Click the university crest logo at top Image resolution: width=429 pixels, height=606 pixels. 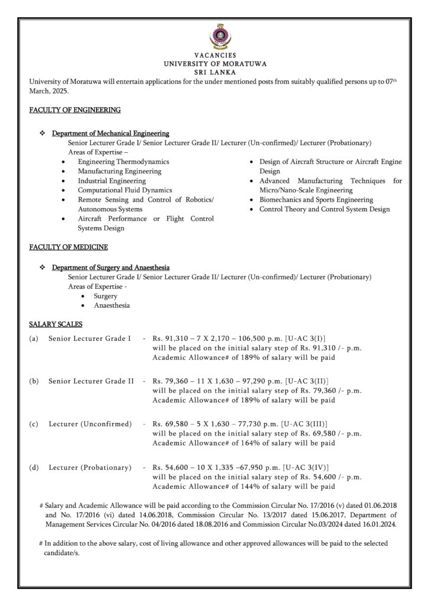(214, 37)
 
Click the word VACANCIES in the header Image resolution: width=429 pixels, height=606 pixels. (214, 55)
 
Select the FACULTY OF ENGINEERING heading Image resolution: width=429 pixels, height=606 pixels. (75, 110)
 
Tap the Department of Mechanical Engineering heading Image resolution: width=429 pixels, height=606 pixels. (110, 134)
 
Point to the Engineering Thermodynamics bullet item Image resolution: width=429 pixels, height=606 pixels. (123, 162)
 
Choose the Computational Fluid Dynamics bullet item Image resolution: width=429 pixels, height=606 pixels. (125, 190)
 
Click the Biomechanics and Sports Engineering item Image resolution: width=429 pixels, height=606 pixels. (316, 200)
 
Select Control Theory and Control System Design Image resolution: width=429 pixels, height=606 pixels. (324, 209)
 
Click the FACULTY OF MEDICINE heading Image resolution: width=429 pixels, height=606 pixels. (68, 247)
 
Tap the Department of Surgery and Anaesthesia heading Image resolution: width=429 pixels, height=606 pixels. (111, 267)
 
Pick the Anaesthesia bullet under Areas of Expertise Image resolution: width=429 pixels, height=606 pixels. (111, 305)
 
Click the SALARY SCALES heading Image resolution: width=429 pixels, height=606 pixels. (56, 324)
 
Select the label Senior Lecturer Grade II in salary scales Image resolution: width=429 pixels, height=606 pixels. (91, 381)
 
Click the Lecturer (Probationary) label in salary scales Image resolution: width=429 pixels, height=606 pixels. (90, 468)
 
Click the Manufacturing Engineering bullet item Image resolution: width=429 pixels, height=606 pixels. (119, 171)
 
